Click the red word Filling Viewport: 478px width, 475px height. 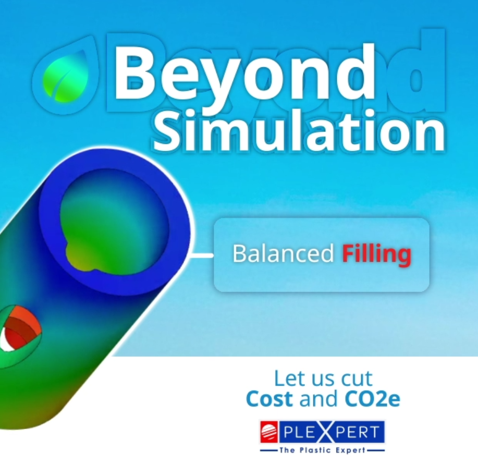pos(376,254)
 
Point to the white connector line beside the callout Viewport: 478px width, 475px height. pos(204,255)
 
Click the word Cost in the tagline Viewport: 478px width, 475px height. pos(269,399)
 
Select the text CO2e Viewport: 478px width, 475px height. pos(372,399)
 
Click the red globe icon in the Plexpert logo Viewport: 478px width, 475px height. pos(269,432)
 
